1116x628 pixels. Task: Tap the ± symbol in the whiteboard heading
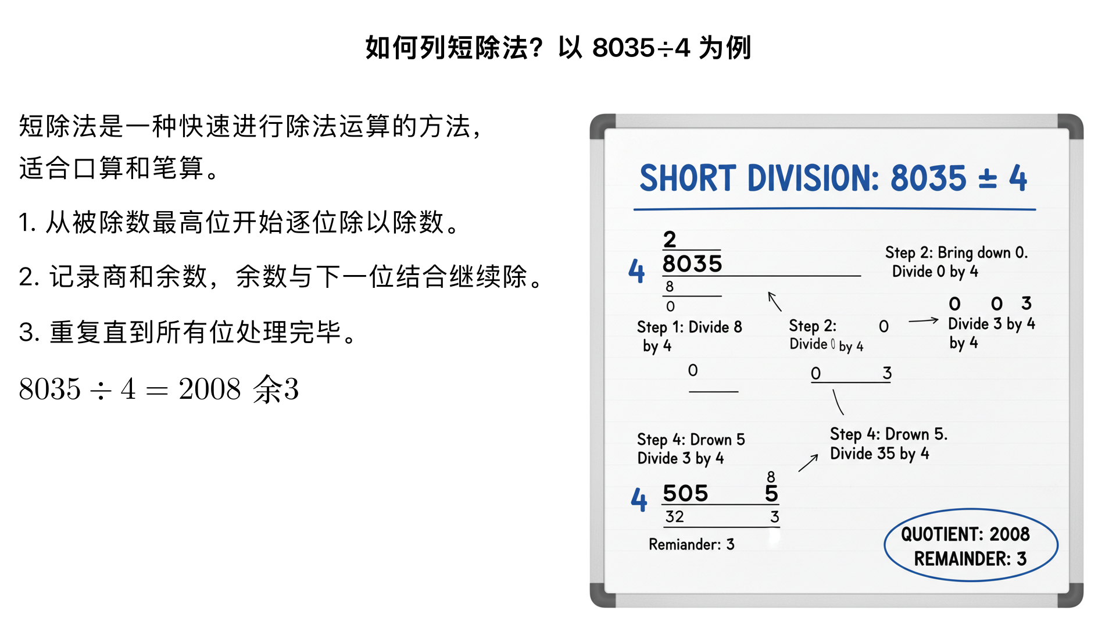(x=988, y=179)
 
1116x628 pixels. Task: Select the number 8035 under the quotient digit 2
(x=692, y=264)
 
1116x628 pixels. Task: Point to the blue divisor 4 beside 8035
(x=636, y=271)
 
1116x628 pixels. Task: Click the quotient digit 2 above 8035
(x=670, y=239)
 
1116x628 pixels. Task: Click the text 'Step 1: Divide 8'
(x=689, y=327)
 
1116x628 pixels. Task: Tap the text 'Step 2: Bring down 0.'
(x=956, y=252)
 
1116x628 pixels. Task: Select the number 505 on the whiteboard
(x=685, y=493)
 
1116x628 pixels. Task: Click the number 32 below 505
(x=674, y=516)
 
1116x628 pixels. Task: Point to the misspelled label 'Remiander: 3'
(x=691, y=544)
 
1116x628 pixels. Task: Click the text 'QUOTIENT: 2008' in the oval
(x=965, y=534)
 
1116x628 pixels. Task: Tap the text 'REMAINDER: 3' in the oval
(x=970, y=559)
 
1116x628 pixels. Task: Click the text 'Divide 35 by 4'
(x=879, y=454)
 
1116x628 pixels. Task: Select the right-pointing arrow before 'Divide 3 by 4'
(x=923, y=320)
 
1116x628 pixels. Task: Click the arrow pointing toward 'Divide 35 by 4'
(x=809, y=463)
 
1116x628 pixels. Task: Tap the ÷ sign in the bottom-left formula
(x=101, y=390)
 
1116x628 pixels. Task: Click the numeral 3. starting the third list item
(x=28, y=333)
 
